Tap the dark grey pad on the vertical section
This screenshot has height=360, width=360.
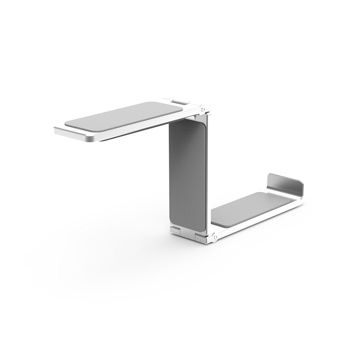[x=187, y=173]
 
